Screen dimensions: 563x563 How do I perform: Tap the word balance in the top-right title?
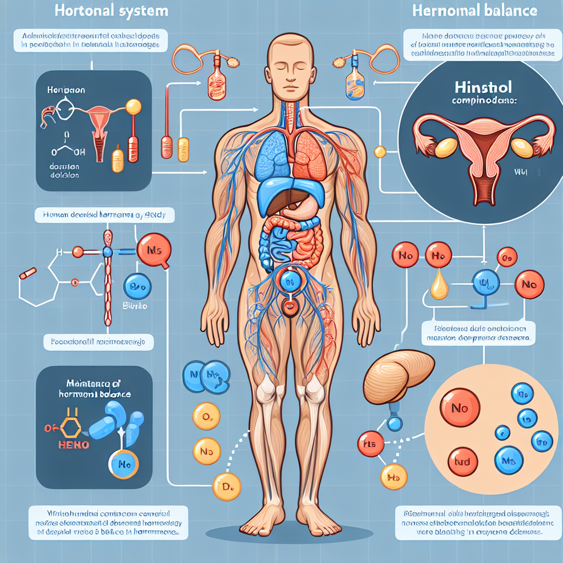coord(514,11)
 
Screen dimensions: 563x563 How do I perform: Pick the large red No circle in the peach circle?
coord(459,409)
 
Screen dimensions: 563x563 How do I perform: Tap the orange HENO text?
coord(74,444)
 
